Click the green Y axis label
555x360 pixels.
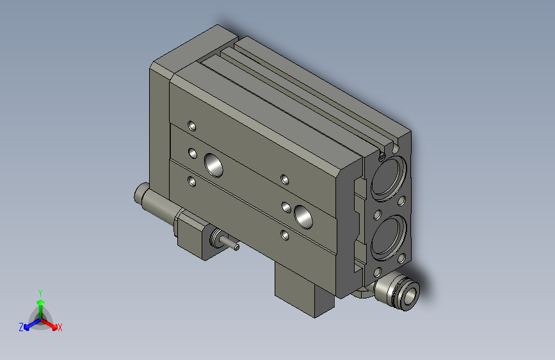pos(40,291)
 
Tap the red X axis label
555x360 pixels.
pos(60,327)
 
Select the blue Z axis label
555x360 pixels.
pos(21,327)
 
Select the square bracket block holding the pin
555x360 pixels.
pos(195,236)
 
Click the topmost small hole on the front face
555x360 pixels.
pos(191,125)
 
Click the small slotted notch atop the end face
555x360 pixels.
pos(382,154)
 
